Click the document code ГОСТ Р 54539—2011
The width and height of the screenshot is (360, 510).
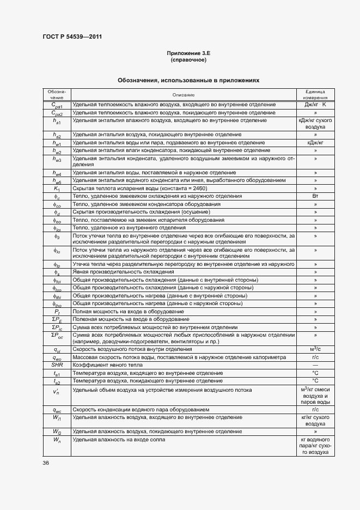(x=72, y=37)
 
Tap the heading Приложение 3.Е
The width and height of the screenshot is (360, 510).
(x=188, y=53)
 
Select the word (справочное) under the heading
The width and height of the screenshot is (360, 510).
(x=188, y=59)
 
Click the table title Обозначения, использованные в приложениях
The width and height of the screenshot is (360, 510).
(x=188, y=80)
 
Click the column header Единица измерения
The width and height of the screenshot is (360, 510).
(x=315, y=95)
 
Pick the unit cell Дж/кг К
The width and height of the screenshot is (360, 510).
(x=315, y=105)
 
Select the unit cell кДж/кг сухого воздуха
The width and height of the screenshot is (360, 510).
(x=315, y=123)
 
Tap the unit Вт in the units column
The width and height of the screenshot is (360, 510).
(x=315, y=196)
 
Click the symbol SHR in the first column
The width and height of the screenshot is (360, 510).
(x=57, y=365)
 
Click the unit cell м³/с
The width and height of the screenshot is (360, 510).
(x=315, y=349)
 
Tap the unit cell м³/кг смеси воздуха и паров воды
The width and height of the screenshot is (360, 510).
(x=315, y=395)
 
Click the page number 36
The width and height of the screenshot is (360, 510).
(x=46, y=463)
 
